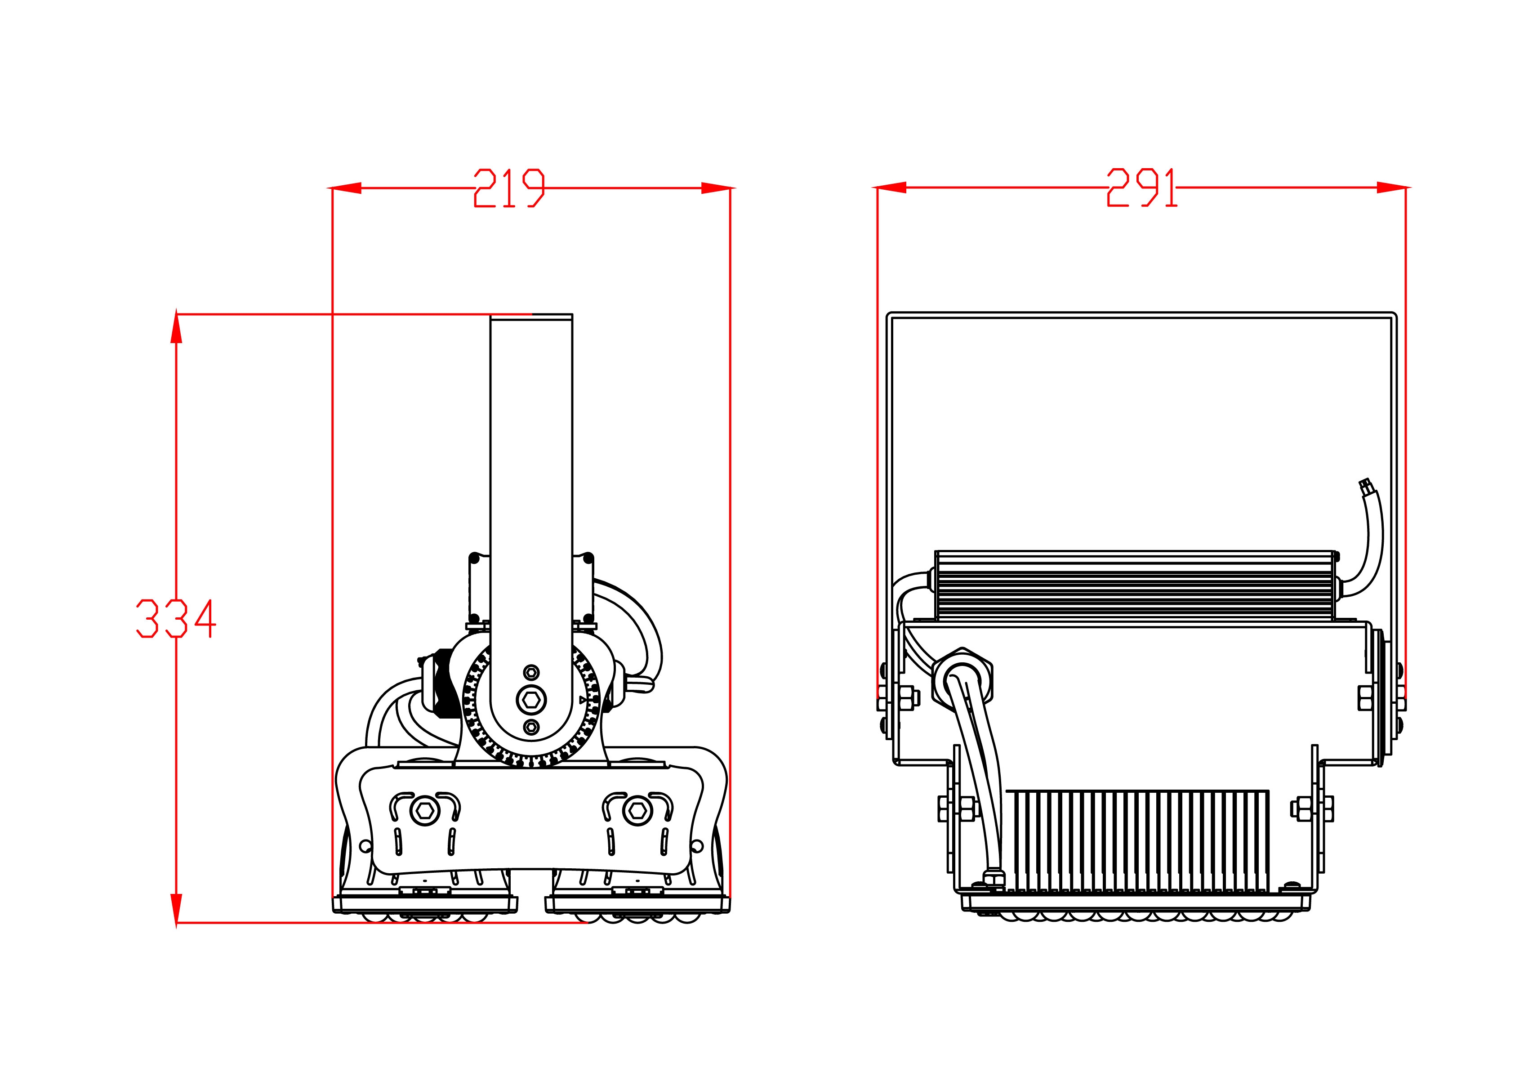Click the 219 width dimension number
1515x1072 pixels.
coord(509,188)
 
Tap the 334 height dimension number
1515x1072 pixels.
coord(175,618)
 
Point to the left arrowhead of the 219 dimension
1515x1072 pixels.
coord(346,188)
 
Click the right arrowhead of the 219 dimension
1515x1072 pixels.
coord(716,188)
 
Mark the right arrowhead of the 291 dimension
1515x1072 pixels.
coord(1392,188)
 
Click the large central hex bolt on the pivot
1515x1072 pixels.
coord(531,700)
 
